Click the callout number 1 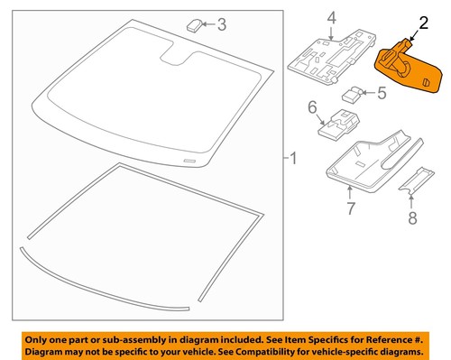click(290, 158)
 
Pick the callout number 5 click(382, 91)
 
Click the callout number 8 click(413, 217)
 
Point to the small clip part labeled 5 click(353, 92)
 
